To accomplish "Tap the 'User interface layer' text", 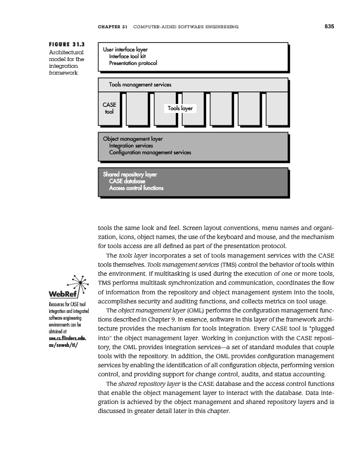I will point(125,49).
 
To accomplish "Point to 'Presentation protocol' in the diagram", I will point(133,63).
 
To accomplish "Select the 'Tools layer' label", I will point(180,108).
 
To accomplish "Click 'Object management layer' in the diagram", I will point(133,138).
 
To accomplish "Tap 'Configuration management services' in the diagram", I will point(150,153).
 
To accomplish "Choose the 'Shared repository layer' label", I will point(130,175).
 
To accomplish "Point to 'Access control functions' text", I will point(136,188).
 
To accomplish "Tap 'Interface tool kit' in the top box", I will point(131,56).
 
